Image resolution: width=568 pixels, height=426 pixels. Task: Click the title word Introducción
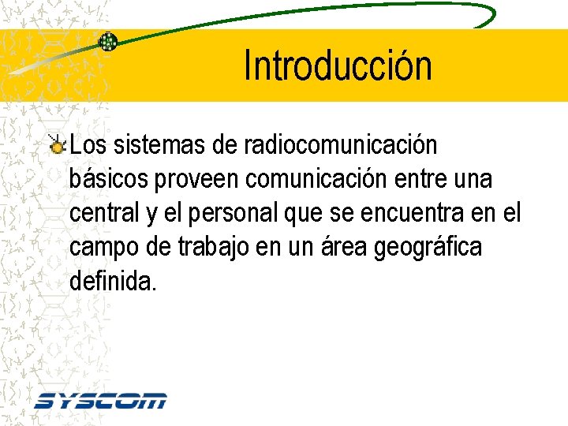pyautogui.click(x=338, y=65)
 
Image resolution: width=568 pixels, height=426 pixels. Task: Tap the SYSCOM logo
pyautogui.click(x=100, y=400)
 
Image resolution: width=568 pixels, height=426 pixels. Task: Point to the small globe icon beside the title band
pyautogui.click(x=107, y=42)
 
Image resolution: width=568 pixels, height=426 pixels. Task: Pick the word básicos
pyautogui.click(x=110, y=179)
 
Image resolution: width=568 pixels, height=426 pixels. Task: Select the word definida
pyautogui.click(x=113, y=281)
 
